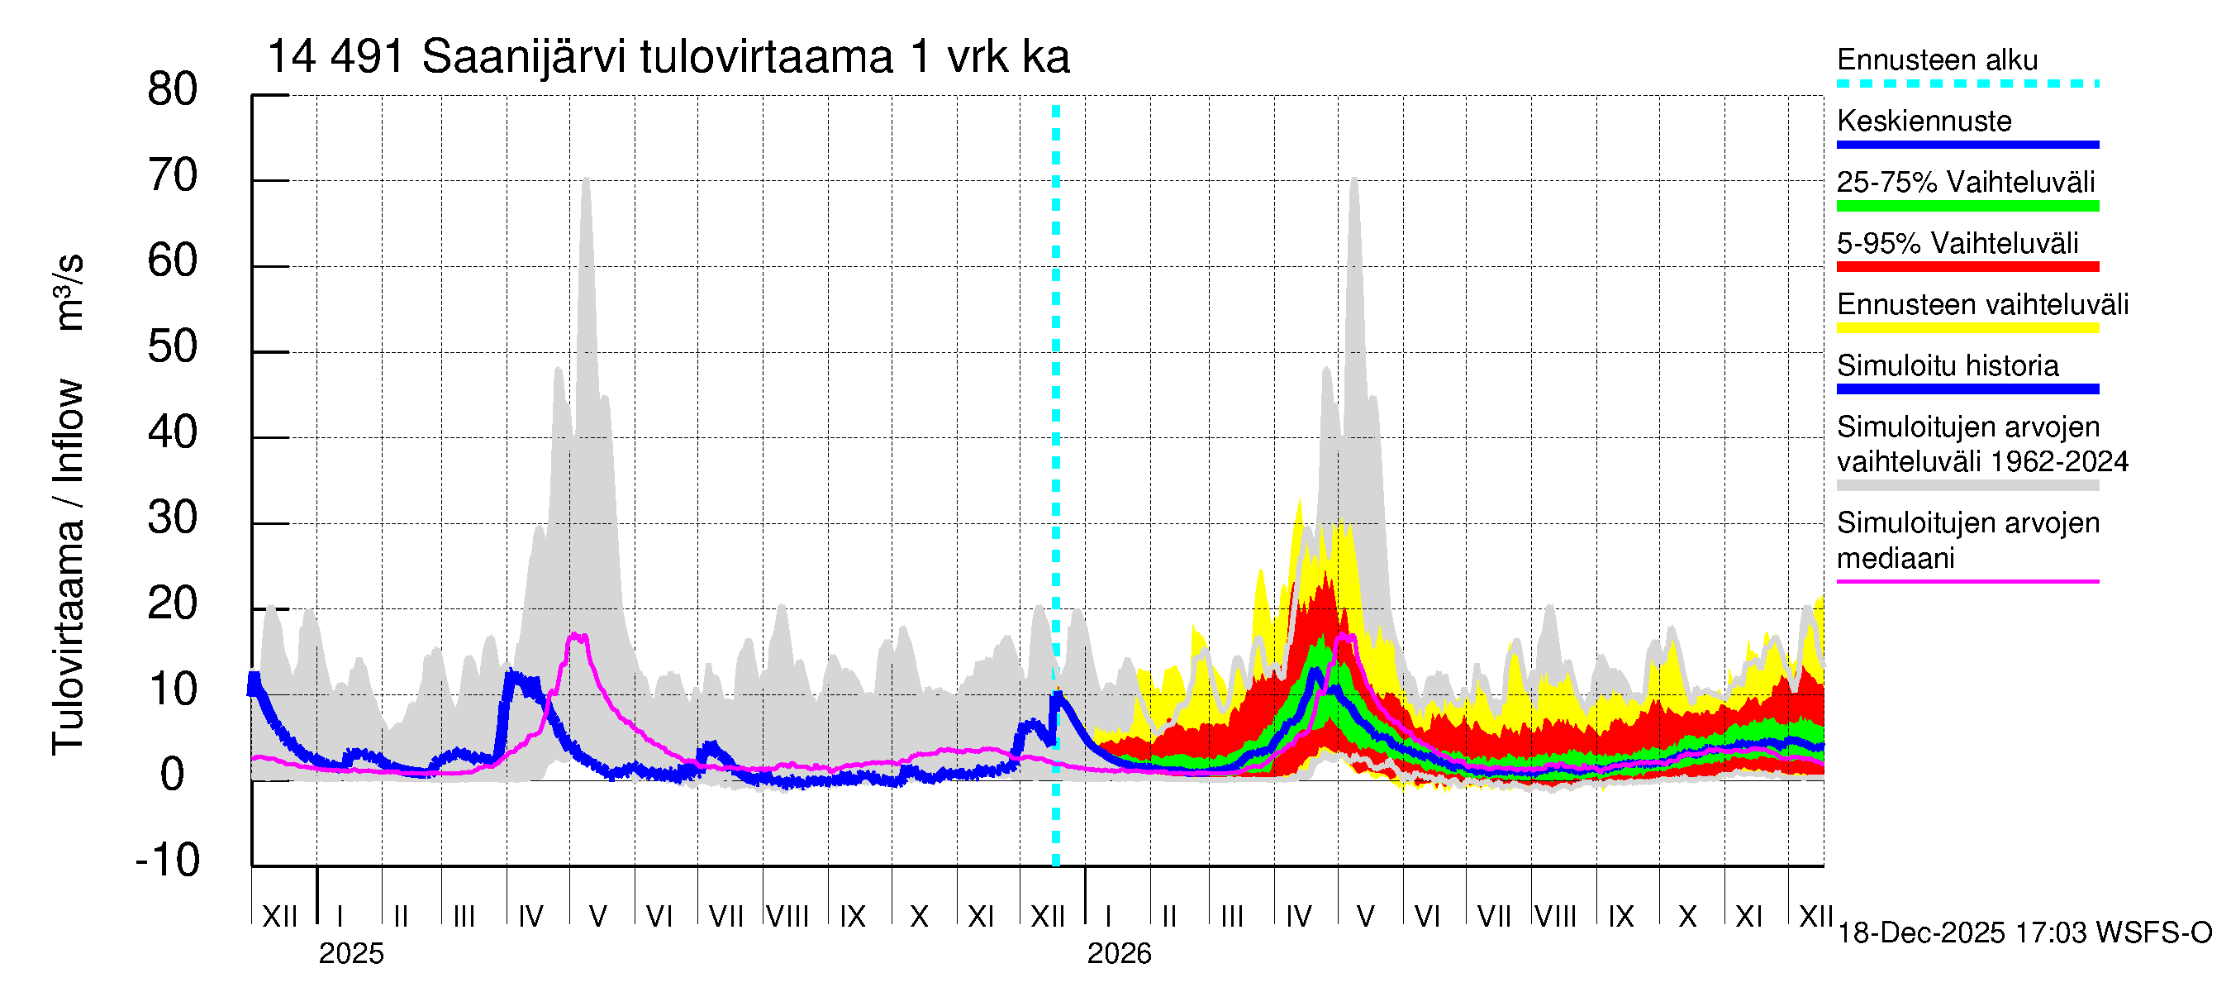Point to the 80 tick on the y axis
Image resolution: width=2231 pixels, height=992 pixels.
pyautogui.click(x=173, y=90)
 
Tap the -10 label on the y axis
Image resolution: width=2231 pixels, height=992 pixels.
pyautogui.click(x=168, y=861)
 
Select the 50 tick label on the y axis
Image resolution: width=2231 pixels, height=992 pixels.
pyautogui.click(x=173, y=347)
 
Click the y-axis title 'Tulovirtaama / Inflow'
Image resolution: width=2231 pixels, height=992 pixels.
pyautogui.click(x=68, y=567)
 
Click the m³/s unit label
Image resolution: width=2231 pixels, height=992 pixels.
pyautogui.click(x=69, y=292)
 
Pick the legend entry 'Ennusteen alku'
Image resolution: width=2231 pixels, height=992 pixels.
pyautogui.click(x=1938, y=60)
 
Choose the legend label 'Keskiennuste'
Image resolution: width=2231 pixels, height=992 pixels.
pyautogui.click(x=1924, y=121)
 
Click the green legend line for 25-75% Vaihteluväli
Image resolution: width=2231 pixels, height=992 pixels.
pyautogui.click(x=1967, y=206)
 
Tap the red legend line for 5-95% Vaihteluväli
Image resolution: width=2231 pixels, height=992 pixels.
pyautogui.click(x=1967, y=267)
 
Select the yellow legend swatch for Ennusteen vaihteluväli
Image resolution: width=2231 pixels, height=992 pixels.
pyautogui.click(x=1967, y=328)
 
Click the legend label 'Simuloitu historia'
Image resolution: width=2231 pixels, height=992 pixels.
pyautogui.click(x=1947, y=365)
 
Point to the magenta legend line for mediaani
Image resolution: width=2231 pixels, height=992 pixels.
pyautogui.click(x=1967, y=581)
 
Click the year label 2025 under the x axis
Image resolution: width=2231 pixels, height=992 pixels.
pyautogui.click(x=350, y=954)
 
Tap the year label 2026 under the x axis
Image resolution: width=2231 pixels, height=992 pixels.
pyautogui.click(x=1119, y=954)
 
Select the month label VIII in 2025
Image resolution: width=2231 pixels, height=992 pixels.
pyautogui.click(x=788, y=917)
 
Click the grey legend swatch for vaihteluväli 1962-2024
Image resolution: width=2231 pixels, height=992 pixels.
pyautogui.click(x=1967, y=486)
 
